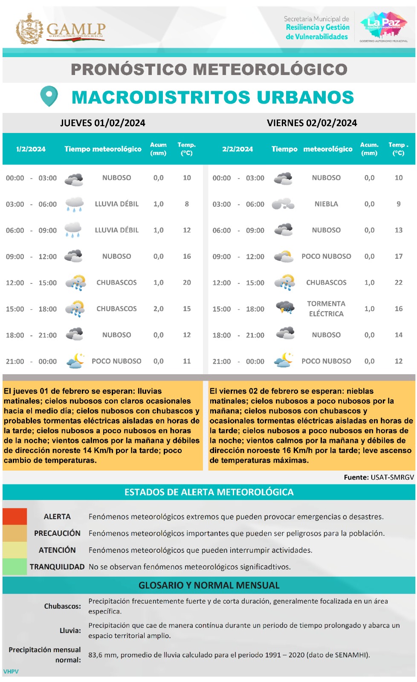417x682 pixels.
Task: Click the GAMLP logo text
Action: click(x=76, y=29)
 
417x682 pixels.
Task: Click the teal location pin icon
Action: click(x=49, y=96)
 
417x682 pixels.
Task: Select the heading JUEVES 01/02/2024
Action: click(x=103, y=123)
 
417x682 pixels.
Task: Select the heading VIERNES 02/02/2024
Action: click(x=312, y=123)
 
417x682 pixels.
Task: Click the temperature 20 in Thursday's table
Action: click(x=187, y=283)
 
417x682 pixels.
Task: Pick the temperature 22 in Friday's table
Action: click(x=398, y=283)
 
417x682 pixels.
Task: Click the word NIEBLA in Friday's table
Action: click(x=326, y=204)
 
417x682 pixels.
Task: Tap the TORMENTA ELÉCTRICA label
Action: click(x=326, y=309)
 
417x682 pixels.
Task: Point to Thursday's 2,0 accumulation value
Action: click(x=158, y=309)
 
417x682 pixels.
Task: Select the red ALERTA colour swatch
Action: click(x=14, y=516)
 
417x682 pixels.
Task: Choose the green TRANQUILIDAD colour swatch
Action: click(x=14, y=567)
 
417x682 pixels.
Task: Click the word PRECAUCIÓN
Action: click(x=57, y=533)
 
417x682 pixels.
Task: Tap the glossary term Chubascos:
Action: click(x=62, y=606)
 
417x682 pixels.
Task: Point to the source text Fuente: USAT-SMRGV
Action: click(x=379, y=477)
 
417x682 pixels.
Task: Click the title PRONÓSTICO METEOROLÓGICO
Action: click(x=209, y=69)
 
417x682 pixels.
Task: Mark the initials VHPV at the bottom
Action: click(x=11, y=671)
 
